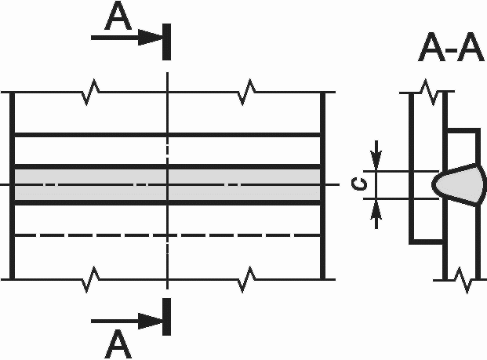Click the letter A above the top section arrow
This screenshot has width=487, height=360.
[x=118, y=16]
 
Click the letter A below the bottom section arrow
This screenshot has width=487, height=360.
[x=118, y=344]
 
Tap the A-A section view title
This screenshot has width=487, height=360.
[x=451, y=47]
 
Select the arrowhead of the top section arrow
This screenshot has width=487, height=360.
[x=151, y=38]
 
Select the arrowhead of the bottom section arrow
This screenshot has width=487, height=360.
[x=151, y=321]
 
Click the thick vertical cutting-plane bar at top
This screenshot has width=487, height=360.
[x=167, y=42]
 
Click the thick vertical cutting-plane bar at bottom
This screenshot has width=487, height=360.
[x=167, y=317]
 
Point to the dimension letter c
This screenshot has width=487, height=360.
[x=358, y=184]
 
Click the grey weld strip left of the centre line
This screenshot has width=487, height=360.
[x=90, y=184]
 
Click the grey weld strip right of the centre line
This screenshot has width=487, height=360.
[x=245, y=184]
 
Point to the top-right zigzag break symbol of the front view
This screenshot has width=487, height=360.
[x=248, y=92]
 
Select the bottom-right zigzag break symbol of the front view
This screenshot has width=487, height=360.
[x=248, y=279]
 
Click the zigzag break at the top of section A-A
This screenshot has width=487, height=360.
[x=429, y=93]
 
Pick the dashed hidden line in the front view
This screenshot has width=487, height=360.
[x=168, y=235]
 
